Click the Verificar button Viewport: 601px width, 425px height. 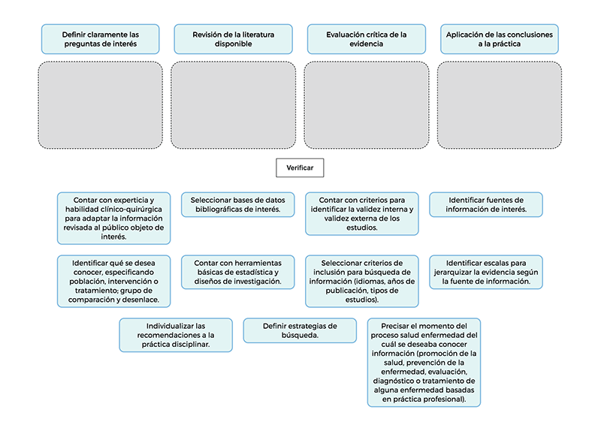click(x=300, y=168)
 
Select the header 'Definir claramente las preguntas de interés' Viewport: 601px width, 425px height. click(x=101, y=39)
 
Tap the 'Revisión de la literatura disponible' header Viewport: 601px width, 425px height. click(x=234, y=39)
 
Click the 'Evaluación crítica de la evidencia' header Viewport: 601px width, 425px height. click(x=367, y=39)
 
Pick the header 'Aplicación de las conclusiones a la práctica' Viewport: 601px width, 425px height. click(x=500, y=39)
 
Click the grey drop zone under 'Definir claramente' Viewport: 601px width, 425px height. click(x=101, y=105)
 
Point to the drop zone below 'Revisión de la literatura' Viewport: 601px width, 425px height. click(x=234, y=105)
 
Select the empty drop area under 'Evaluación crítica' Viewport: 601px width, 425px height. click(x=367, y=105)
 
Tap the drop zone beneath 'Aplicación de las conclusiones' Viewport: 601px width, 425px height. click(x=500, y=105)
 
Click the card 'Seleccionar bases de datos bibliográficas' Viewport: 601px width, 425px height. click(x=238, y=205)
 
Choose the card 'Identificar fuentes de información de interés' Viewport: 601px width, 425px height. click(x=486, y=205)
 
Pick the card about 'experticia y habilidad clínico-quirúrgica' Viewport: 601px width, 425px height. click(x=114, y=219)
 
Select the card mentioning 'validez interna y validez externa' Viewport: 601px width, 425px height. click(x=362, y=214)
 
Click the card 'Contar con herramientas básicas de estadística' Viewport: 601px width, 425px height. click(x=238, y=272)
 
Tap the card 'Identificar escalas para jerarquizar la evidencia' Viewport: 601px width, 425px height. click(x=486, y=272)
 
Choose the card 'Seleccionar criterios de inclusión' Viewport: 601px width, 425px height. click(x=362, y=282)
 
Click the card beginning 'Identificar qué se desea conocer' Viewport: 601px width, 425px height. click(x=114, y=282)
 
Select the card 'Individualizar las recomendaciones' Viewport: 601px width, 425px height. click(x=176, y=335)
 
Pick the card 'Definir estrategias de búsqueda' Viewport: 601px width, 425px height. click(x=300, y=330)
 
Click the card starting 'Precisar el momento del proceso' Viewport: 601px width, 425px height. click(x=424, y=363)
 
